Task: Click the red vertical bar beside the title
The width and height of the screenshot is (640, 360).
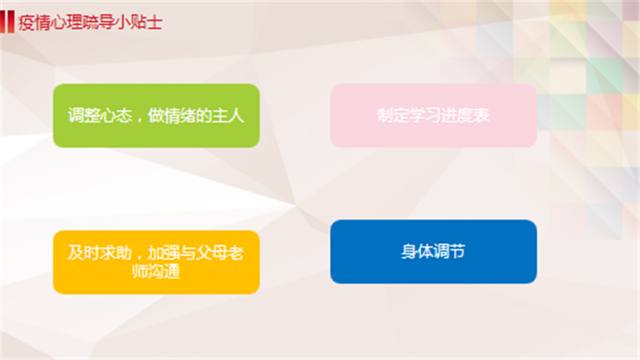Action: coord(7,22)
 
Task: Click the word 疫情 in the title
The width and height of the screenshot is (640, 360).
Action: coord(34,23)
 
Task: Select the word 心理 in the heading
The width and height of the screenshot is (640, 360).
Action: coord(66,23)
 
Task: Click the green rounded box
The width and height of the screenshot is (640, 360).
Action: coord(157,115)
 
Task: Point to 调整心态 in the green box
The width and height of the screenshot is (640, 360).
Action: coord(100,115)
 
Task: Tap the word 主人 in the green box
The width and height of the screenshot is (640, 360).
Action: coord(228,115)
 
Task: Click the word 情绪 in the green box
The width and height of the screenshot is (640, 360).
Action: coord(180,115)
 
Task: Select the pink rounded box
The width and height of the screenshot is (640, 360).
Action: coord(434,115)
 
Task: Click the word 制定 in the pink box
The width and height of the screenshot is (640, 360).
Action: coord(392,115)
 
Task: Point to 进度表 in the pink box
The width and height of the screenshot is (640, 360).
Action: coord(465,115)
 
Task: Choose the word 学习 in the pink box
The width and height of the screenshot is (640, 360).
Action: coord(425,115)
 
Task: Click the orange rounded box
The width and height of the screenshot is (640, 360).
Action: coord(157,262)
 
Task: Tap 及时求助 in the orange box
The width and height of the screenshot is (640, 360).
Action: coord(100,253)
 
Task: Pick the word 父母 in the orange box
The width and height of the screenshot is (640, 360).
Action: coord(212,253)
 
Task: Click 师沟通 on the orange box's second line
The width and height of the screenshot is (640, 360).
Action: coord(157,271)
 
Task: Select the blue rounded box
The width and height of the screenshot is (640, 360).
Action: coord(434,252)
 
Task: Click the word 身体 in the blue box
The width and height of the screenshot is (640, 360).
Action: coord(417,252)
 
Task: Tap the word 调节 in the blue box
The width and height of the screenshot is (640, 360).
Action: coord(450,252)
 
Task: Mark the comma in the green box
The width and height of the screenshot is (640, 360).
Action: coord(139,120)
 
